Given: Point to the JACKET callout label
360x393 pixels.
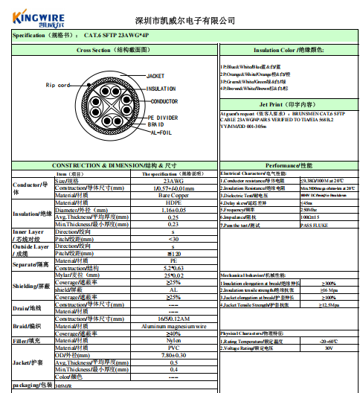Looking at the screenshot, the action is (155, 76).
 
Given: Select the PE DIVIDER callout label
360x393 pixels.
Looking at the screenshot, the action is (163, 118).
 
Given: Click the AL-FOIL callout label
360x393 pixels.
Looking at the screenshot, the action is (161, 132).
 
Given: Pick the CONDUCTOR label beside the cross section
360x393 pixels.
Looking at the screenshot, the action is (164, 100).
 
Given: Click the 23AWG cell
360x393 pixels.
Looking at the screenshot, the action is (173, 181).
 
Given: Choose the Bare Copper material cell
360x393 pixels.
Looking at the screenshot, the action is (173, 195).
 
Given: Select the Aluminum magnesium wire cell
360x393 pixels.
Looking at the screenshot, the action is (173, 325).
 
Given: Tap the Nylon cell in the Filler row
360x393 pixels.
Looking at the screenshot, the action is (173, 340).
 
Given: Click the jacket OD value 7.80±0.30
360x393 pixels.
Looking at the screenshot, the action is (173, 354).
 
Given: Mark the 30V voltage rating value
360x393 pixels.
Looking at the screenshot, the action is (329, 348).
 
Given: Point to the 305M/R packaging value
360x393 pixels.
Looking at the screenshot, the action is (65, 386).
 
